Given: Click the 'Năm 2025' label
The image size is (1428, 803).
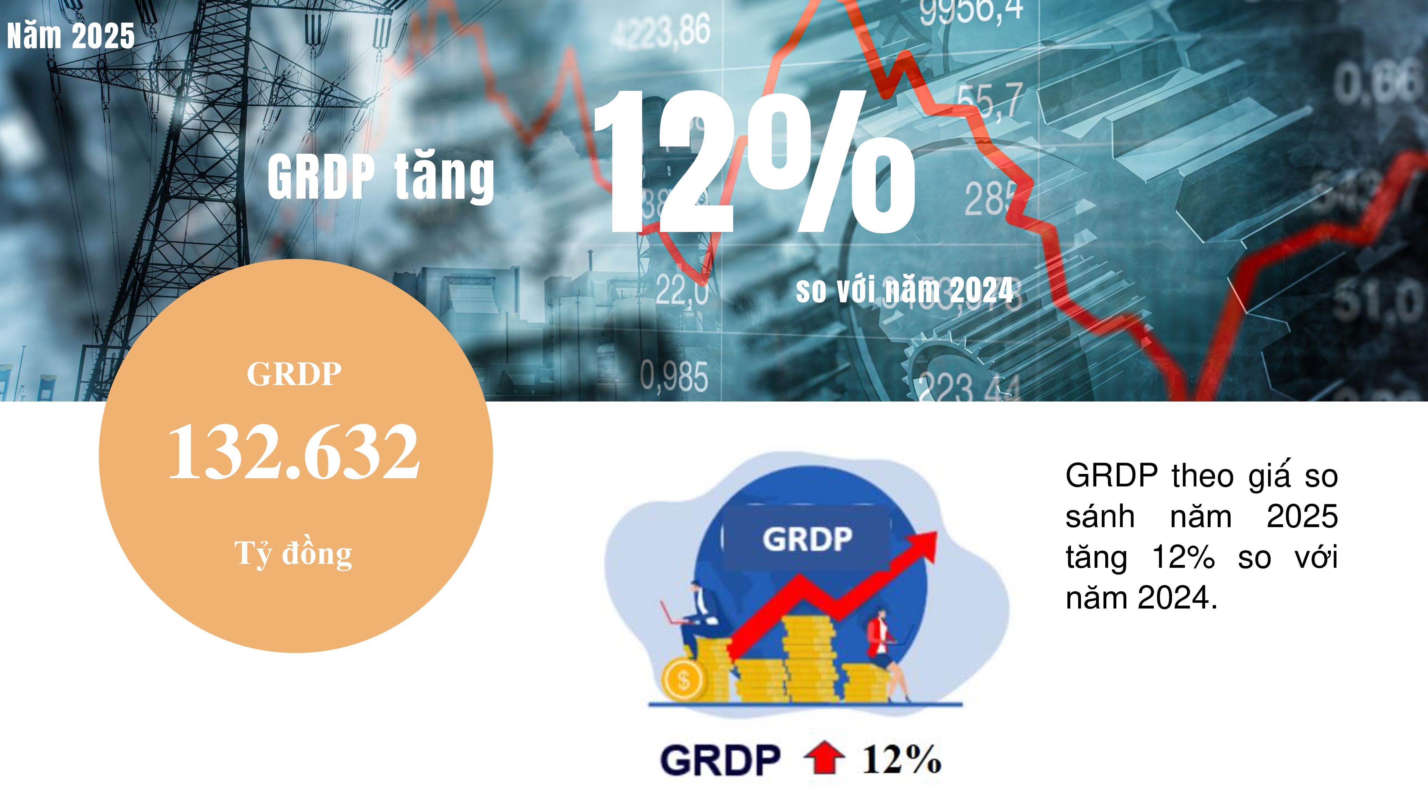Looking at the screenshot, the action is point(71,35).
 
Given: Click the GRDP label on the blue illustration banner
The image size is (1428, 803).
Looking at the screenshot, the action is point(807,539).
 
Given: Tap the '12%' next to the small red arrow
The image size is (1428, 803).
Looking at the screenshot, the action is point(901,759).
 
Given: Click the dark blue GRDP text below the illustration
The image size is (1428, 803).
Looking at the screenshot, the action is point(720,760).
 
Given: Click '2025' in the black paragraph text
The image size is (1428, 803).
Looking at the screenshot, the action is point(1302,516).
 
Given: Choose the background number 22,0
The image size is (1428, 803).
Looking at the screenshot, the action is point(682,290).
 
